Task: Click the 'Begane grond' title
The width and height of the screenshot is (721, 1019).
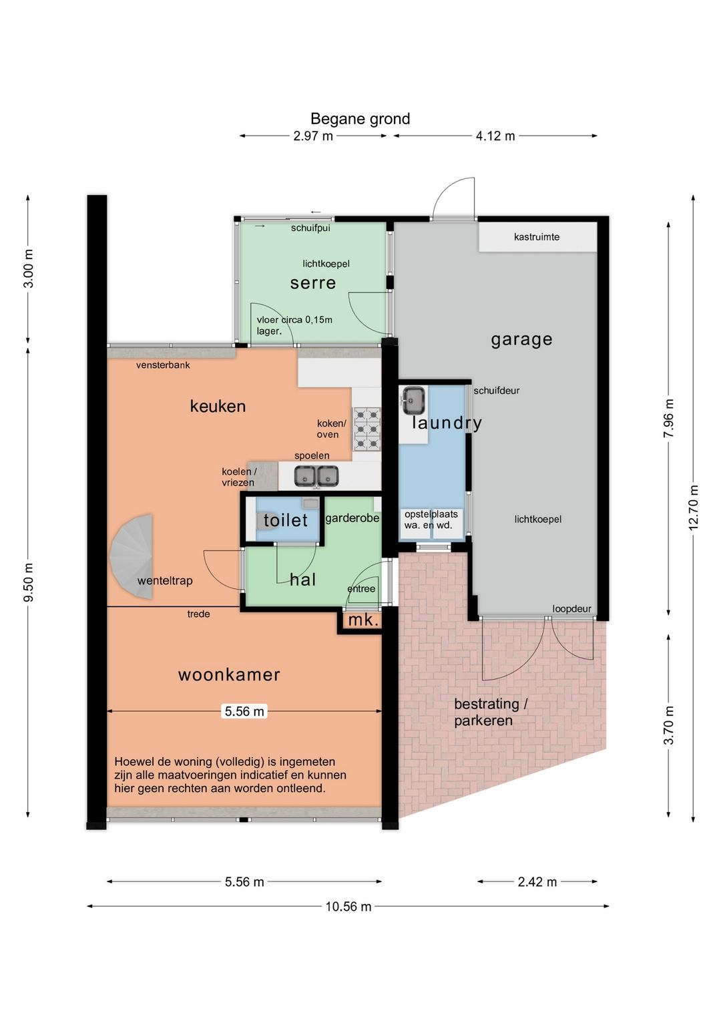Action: tap(360, 119)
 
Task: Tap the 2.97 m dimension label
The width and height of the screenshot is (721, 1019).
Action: tap(313, 136)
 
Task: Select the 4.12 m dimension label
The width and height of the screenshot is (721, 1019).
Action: tap(495, 136)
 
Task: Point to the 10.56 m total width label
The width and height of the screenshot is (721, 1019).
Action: tap(348, 906)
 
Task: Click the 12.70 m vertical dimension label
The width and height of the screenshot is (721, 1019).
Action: tap(693, 507)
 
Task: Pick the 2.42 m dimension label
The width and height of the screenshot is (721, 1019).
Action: tap(537, 881)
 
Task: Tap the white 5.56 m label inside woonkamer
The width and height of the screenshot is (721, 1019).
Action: tap(244, 710)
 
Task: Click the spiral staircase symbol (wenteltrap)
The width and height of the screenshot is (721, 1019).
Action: tap(132, 556)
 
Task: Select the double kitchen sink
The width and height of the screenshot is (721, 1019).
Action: tap(316, 476)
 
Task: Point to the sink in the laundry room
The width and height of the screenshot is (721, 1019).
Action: tap(413, 401)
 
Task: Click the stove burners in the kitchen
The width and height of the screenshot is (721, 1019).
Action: tap(367, 428)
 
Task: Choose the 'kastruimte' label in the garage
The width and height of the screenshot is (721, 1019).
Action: tap(537, 236)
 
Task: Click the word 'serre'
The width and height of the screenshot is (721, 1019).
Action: tap(313, 283)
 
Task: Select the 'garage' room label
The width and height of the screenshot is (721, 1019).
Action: tap(521, 339)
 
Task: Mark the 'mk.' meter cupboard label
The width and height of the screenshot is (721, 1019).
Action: tap(363, 620)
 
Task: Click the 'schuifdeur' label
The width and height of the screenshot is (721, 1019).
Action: tap(496, 391)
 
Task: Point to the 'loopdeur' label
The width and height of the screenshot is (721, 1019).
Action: tap(572, 609)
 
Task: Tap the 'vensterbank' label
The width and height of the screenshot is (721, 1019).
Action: tap(163, 365)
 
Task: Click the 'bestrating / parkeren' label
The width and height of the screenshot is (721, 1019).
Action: tap(491, 712)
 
